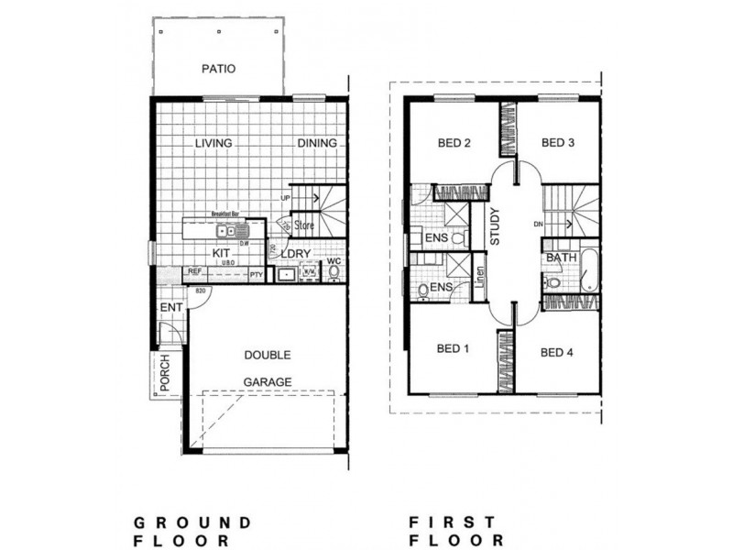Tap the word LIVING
click(213, 144)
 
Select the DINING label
click(317, 144)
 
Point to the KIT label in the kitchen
click(221, 253)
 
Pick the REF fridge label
click(194, 272)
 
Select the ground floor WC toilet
click(334, 272)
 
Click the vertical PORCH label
click(165, 375)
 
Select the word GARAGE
click(267, 381)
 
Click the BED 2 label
click(454, 143)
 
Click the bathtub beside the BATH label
click(589, 270)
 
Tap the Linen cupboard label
click(480, 278)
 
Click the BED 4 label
click(557, 351)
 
